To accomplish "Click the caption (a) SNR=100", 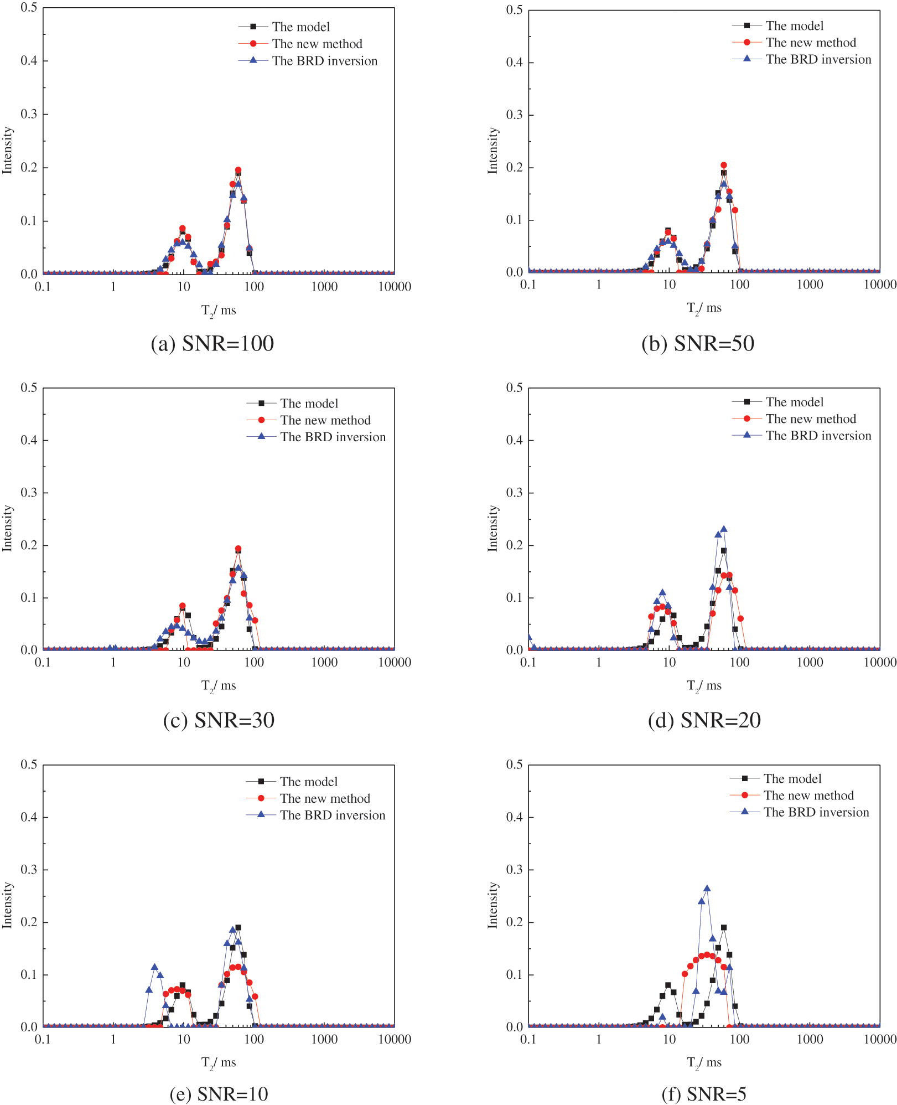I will [x=212, y=344].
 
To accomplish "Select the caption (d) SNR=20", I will [x=704, y=720].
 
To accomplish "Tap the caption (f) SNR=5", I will [x=704, y=1094].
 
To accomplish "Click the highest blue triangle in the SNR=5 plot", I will [x=707, y=889].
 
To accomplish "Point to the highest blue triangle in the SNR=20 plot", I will [x=723, y=529].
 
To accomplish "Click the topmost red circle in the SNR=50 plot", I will [x=723, y=165].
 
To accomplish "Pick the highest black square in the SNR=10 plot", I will [x=238, y=927].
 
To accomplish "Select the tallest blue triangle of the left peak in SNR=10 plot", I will [x=154, y=967].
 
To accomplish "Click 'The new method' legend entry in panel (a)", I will [x=317, y=44].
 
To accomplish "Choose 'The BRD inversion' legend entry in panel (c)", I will [x=333, y=437].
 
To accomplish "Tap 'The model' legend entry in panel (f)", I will [x=792, y=778].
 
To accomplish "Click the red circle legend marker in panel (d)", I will [x=746, y=419].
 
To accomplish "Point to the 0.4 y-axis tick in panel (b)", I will [x=514, y=62].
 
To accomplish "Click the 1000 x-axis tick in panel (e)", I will [x=324, y=1039].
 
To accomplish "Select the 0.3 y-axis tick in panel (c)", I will [x=29, y=493].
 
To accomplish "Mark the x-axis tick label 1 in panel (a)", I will [x=113, y=287].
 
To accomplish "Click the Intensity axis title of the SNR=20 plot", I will [x=492, y=528].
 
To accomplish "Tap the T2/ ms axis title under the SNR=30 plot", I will [x=219, y=686].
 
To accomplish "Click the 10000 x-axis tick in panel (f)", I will [x=879, y=1039].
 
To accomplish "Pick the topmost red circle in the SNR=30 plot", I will [x=238, y=549].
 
